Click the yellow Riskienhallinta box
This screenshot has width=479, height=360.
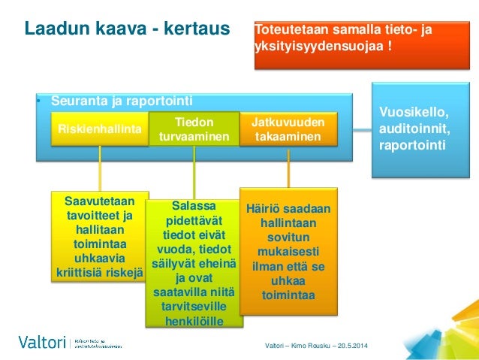click(99, 129)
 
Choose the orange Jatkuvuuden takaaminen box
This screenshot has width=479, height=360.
click(288, 129)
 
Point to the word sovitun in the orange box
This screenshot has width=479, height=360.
click(288, 237)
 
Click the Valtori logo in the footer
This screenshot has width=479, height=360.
click(41, 342)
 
